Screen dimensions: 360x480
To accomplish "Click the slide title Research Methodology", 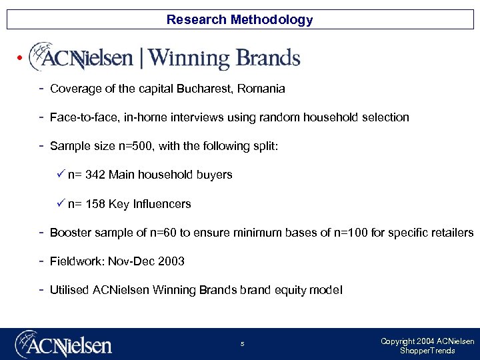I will (239, 19).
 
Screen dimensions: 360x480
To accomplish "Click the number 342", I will (95, 175).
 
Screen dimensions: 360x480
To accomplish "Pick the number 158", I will (95, 204).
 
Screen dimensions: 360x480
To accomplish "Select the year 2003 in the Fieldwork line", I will (171, 261).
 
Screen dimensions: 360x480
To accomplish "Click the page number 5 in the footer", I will (243, 344).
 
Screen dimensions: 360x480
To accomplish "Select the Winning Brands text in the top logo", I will (224, 59).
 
